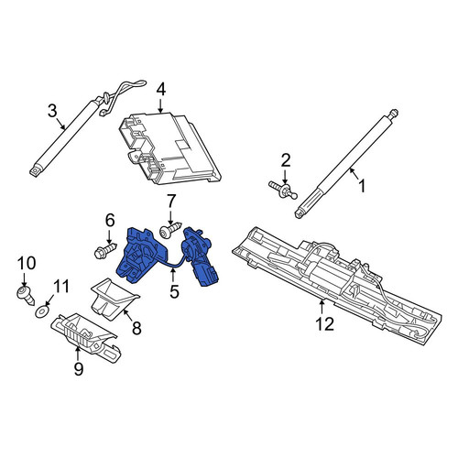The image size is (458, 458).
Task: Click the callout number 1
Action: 362,186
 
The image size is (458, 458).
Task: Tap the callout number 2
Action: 286,160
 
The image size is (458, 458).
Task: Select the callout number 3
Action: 52,111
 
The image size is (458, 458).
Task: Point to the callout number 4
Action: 161,90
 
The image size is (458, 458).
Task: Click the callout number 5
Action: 174,291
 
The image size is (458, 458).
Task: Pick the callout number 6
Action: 110,220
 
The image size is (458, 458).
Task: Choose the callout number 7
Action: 171,202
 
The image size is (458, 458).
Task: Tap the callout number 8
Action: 136,329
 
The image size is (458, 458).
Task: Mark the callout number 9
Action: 78,369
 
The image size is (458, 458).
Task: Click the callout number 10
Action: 27,263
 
